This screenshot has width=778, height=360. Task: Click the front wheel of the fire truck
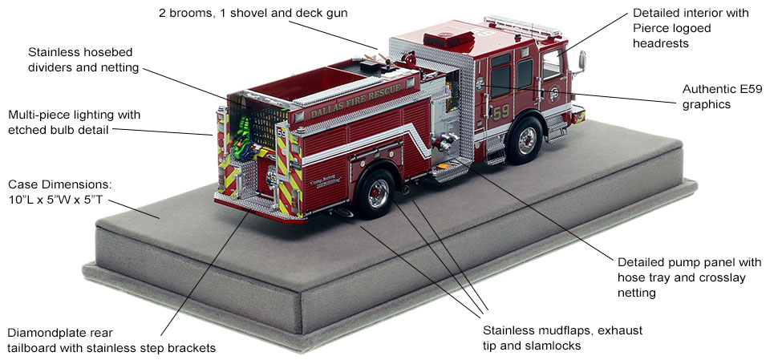tap(525, 141)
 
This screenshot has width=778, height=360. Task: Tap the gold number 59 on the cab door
tap(500, 112)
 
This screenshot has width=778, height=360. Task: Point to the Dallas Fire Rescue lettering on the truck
tap(355, 102)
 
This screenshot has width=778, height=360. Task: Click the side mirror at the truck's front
tap(581, 62)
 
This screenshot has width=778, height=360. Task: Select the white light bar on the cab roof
tap(522, 26)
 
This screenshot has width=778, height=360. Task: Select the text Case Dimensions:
tap(60, 185)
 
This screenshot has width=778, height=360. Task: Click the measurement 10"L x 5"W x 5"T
tap(55, 201)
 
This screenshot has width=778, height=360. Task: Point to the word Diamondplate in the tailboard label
tap(43, 333)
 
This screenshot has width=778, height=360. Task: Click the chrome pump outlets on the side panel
tap(443, 141)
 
